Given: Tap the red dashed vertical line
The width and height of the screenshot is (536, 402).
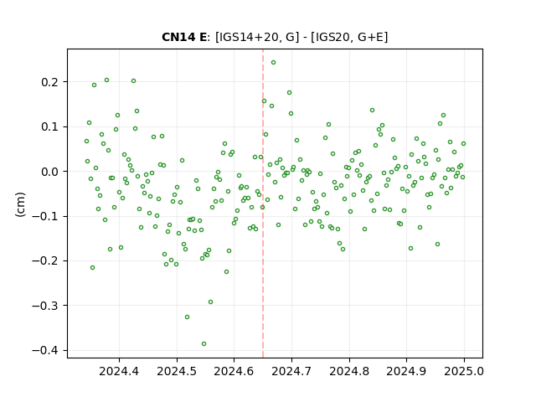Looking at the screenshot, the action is coord(263,204).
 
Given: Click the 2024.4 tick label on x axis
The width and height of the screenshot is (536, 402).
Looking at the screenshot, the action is coord(119,371).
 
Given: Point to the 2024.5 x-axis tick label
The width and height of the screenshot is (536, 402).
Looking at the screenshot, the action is coord(177,371).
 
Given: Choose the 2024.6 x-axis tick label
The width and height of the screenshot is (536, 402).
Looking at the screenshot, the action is coord(234,371).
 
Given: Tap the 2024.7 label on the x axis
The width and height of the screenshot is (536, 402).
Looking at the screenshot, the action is coord(291,371).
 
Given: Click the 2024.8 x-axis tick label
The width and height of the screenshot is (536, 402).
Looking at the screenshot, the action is coord(349,371).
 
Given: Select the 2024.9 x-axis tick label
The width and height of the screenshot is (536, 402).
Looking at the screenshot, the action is coord(406,371).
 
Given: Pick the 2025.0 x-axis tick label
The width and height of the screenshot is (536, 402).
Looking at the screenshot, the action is coord(464,371).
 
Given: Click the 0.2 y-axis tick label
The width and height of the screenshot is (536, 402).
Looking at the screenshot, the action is coord(49,82).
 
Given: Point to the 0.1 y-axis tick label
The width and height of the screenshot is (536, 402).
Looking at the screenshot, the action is coord(49,126).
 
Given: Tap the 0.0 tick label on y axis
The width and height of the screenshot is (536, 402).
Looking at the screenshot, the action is coord(49,172).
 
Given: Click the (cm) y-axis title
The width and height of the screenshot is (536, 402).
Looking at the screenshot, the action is coord(20,204).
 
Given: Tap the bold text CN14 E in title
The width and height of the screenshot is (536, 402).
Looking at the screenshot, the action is coord(184,37).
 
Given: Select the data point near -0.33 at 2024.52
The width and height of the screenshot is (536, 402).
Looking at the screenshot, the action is coord(187,317).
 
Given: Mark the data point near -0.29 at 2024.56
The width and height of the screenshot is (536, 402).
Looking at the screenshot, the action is coord(210,301).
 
